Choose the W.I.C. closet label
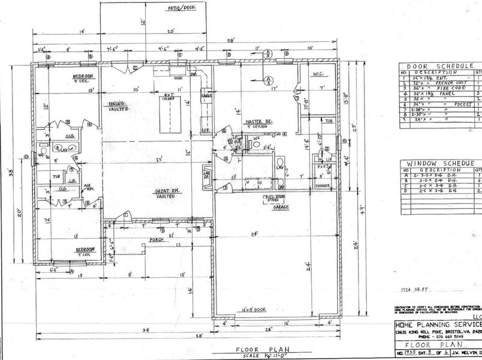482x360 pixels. pyautogui.click(x=318, y=74)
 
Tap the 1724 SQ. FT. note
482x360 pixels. pyautogui.click(x=415, y=289)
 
